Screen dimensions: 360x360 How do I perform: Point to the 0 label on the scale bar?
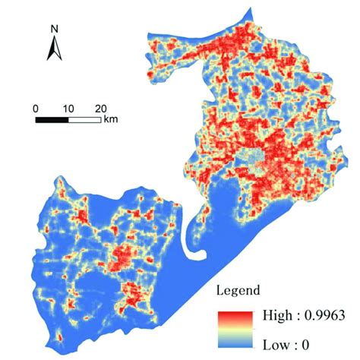[x=36, y=108]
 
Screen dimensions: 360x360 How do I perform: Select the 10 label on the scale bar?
[x=68, y=108]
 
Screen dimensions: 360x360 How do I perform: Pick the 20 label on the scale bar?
[x=100, y=108]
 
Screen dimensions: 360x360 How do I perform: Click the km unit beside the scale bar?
[x=111, y=119]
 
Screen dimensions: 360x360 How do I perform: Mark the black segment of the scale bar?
[x=52, y=118]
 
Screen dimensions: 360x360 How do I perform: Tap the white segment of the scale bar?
[x=84, y=118]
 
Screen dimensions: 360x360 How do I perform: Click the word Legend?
[x=240, y=289]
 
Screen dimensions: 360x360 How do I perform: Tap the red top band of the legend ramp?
[x=234, y=314]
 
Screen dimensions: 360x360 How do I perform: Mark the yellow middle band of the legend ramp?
[x=234, y=328]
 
